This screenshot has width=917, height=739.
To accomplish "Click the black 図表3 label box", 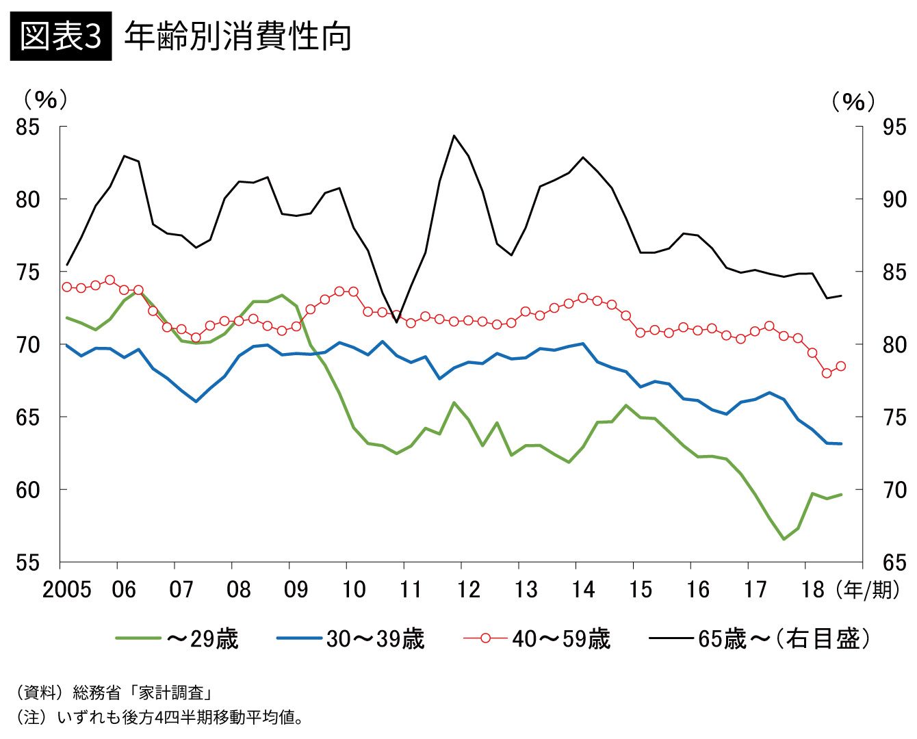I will click(61, 36).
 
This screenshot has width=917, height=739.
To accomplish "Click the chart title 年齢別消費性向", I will click(237, 36).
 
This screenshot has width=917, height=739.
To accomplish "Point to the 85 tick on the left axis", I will click(29, 127).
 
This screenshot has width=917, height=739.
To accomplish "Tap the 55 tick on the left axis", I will click(29, 562).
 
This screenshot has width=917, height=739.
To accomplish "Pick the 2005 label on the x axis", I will click(66, 589).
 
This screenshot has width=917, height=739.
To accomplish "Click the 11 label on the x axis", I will click(410, 589).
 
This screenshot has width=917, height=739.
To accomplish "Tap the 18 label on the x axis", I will click(812, 589).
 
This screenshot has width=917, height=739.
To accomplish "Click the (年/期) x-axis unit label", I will click(867, 589).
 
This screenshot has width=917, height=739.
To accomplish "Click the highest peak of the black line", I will click(454, 135).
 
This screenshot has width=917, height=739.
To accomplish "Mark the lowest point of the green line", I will click(784, 539).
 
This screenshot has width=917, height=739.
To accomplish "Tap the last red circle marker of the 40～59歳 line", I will click(840, 366).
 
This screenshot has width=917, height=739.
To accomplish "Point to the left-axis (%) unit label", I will click(45, 100).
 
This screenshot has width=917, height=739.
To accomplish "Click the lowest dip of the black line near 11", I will click(396, 322).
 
